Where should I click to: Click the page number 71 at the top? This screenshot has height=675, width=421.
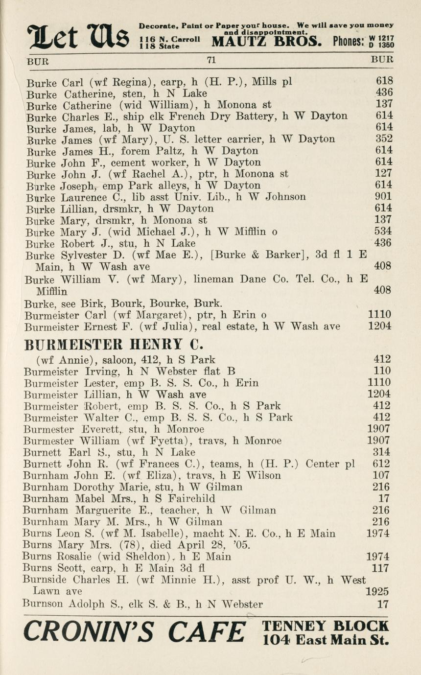point(211,60)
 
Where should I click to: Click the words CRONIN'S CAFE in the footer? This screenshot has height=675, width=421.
point(135,632)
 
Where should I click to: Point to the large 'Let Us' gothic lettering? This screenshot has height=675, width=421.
point(78,36)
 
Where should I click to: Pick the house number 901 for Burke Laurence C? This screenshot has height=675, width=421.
point(384,197)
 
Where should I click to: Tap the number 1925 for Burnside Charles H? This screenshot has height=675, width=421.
point(378,592)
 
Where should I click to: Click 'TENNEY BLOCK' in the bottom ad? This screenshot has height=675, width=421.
point(325,626)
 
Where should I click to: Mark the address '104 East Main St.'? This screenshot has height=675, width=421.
point(325,639)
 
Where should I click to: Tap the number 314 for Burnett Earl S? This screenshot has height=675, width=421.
point(381,452)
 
